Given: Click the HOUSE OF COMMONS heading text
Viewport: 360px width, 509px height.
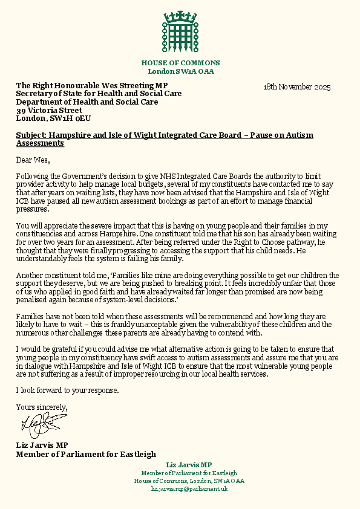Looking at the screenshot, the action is [x=180, y=63].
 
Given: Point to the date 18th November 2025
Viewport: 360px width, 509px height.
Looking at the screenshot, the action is [x=296, y=87].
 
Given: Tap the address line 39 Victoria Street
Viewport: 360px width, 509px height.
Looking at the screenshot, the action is [x=49, y=111].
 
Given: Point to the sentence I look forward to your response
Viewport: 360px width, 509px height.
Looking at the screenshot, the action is [x=68, y=390].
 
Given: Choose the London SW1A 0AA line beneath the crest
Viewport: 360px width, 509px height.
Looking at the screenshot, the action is [x=180, y=71].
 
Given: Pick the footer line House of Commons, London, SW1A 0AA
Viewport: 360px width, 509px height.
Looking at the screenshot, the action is [x=189, y=481].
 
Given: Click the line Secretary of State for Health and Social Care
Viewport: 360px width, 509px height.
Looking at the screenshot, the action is [x=99, y=94].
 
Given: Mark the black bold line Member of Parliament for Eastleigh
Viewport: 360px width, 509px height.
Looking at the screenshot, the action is [x=86, y=454].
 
